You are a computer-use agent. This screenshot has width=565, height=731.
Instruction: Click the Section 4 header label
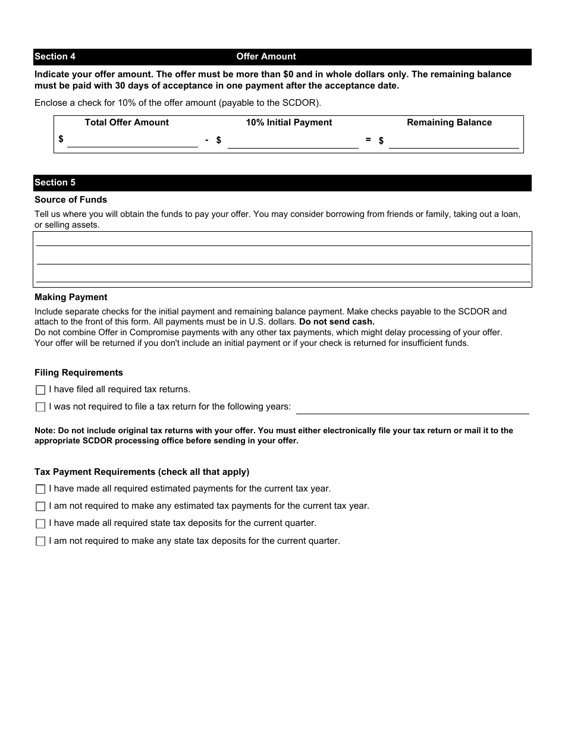[55, 56]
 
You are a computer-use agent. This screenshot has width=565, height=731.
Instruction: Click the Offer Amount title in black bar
[266, 56]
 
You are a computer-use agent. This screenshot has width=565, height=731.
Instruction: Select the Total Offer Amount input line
[132, 141]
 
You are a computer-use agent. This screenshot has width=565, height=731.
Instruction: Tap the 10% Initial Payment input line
[293, 141]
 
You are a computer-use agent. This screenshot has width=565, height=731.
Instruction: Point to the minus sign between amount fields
[206, 140]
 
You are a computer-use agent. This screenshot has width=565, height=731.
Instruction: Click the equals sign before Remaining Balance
[368, 140]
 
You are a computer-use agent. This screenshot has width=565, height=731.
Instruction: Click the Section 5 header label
[55, 182]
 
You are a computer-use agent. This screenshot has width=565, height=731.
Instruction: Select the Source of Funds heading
[71, 200]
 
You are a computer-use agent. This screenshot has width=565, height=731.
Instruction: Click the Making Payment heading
[71, 297]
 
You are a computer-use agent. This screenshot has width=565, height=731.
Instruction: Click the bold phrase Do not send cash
[337, 322]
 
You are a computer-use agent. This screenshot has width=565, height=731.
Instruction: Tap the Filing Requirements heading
[79, 373]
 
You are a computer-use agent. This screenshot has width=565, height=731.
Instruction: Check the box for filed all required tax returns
[40, 390]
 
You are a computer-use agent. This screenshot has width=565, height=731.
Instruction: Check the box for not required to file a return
[40, 407]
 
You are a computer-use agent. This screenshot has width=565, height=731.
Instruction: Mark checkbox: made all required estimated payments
[40, 489]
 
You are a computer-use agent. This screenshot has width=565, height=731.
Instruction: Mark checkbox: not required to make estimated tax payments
[40, 506]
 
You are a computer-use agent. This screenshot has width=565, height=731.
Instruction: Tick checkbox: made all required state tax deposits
[40, 524]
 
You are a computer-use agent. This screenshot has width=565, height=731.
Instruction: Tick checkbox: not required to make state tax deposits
[40, 541]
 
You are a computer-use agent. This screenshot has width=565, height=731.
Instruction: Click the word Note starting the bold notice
[45, 430]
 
